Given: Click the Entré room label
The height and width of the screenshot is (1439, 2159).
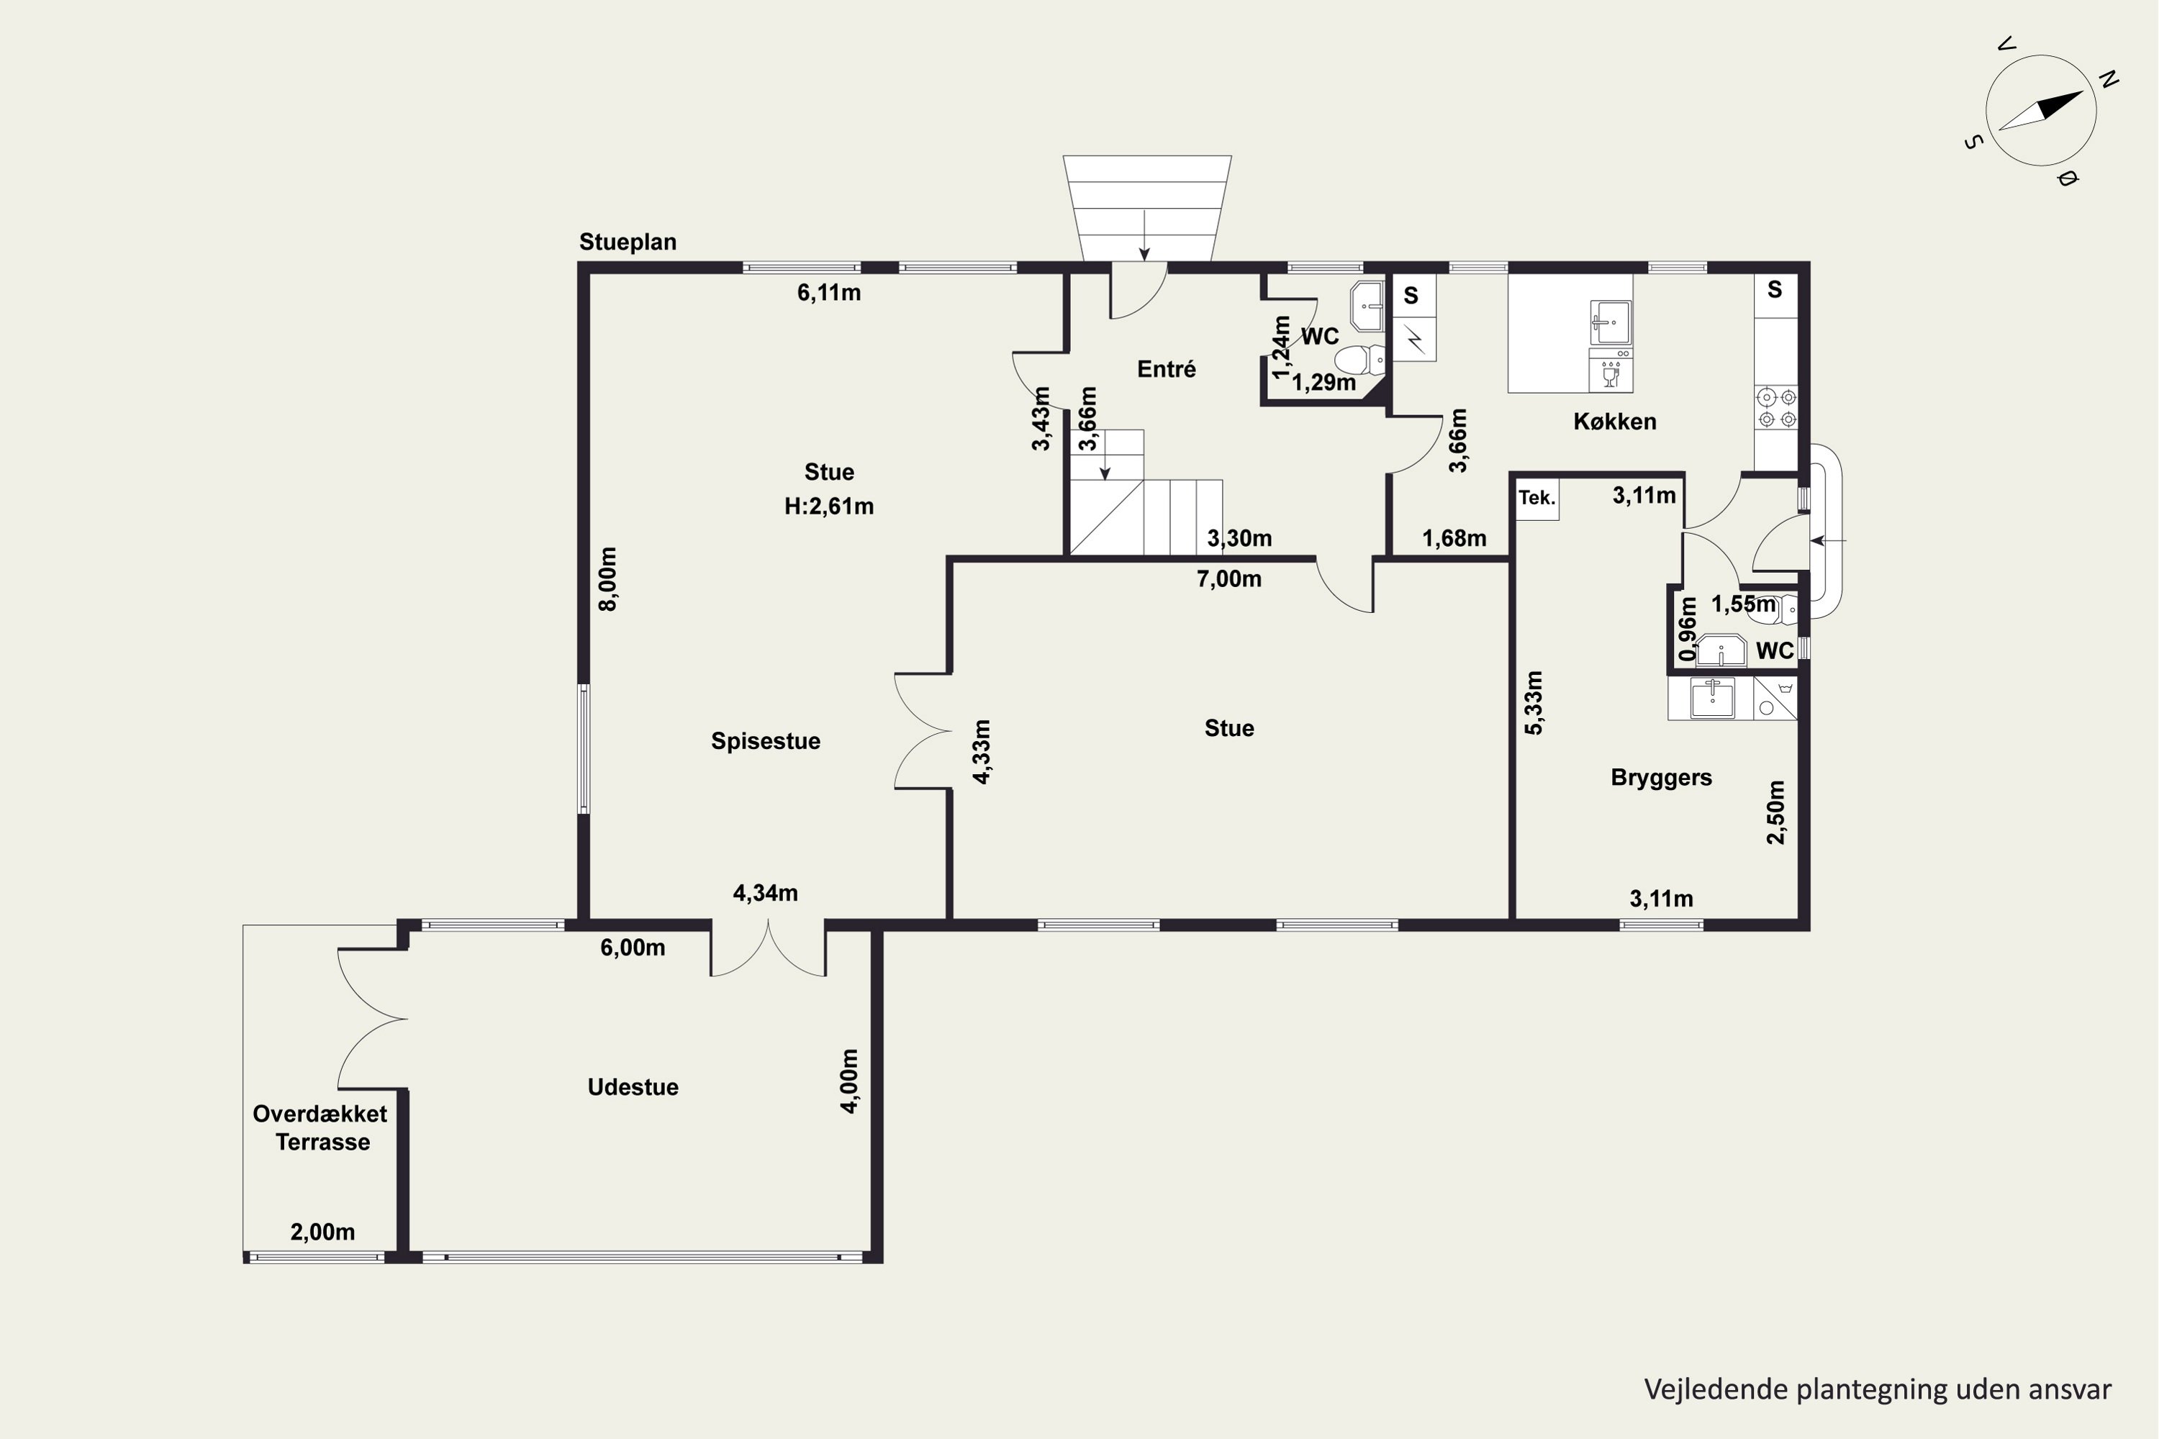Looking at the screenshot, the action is (x=1166, y=369).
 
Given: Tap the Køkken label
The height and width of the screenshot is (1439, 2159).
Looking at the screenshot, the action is (x=1615, y=421).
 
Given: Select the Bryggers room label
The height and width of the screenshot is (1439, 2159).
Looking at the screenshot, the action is (x=1662, y=777).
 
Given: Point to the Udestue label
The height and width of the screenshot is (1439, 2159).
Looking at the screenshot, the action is (x=633, y=1086).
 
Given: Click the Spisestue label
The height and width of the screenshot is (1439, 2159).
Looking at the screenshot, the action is (x=766, y=740).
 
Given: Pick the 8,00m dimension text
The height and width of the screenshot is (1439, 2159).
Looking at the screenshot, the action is (x=607, y=579).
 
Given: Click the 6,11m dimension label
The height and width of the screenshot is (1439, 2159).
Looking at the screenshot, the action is (x=829, y=293).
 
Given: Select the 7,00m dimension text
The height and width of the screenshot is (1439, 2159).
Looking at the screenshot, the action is (x=1229, y=579).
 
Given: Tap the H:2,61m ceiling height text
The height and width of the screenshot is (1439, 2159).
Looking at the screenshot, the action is (x=829, y=506).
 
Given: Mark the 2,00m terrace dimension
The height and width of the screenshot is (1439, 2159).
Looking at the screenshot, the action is (x=322, y=1232).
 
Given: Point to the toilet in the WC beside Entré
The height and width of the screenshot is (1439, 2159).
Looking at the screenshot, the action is (x=1359, y=359).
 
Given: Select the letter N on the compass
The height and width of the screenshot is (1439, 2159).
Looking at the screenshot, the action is (x=2109, y=80).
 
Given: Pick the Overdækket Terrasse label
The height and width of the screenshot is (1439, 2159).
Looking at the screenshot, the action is (x=320, y=1128).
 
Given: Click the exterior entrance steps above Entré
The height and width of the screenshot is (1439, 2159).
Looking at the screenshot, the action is (x=1146, y=209).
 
